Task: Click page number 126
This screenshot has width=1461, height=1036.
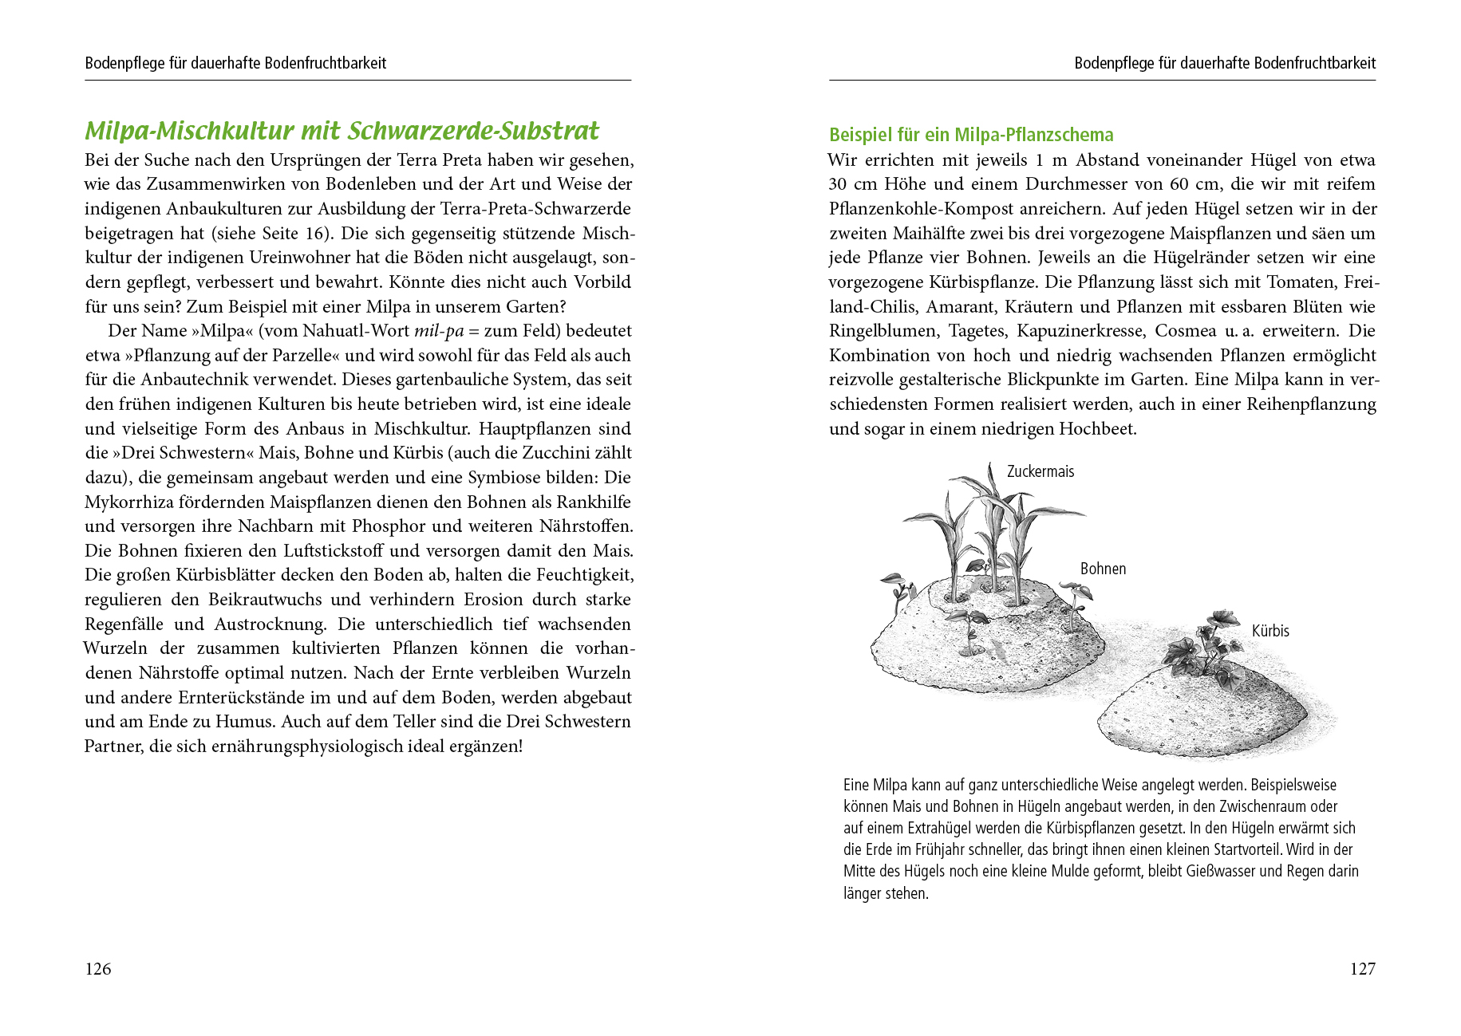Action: point(98,969)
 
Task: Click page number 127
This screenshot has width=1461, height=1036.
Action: point(1362,969)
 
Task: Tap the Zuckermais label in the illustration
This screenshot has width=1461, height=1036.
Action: point(1040,471)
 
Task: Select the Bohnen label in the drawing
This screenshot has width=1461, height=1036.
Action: point(1103,569)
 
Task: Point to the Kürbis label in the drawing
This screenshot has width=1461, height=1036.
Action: point(1270,631)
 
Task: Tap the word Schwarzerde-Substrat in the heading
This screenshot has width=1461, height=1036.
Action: point(473,131)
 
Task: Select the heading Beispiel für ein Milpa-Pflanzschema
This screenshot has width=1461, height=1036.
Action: point(971,135)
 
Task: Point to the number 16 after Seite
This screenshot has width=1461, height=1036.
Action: point(316,234)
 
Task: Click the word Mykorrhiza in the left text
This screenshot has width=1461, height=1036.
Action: point(126,502)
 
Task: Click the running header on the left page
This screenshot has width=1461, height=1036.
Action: point(235,63)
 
